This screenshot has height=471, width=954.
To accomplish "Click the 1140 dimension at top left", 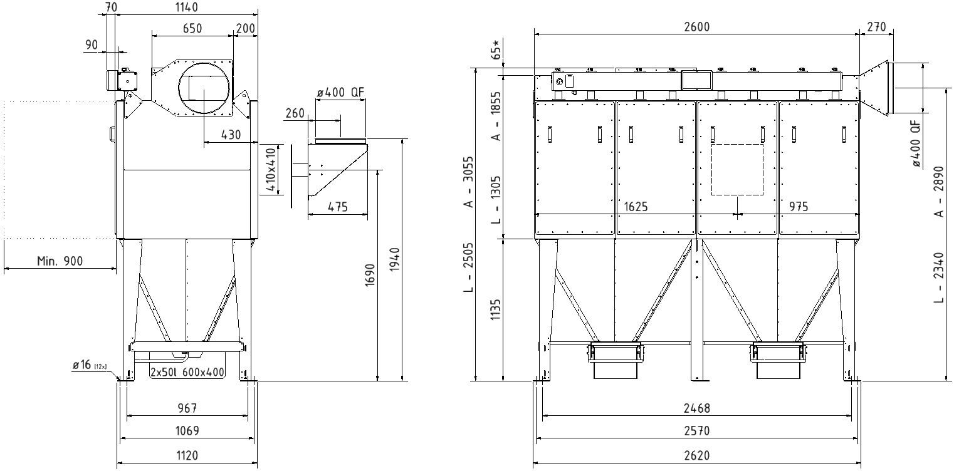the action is pyautogui.click(x=187, y=8).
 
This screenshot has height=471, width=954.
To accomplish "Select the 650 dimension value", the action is pyautogui.click(x=192, y=29).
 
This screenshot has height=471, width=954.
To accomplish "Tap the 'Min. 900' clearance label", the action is pyautogui.click(x=60, y=261).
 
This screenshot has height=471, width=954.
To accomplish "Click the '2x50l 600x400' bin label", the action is pyautogui.click(x=187, y=372).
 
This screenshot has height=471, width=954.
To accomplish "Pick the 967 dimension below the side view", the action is pyautogui.click(x=187, y=408).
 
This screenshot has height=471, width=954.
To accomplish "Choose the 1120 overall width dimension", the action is pyautogui.click(x=187, y=456).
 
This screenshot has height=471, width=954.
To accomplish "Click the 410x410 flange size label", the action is pyautogui.click(x=270, y=169).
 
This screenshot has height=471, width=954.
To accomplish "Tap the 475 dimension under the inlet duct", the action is pyautogui.click(x=338, y=207).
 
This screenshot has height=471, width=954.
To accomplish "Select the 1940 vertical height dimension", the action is pyautogui.click(x=395, y=260).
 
